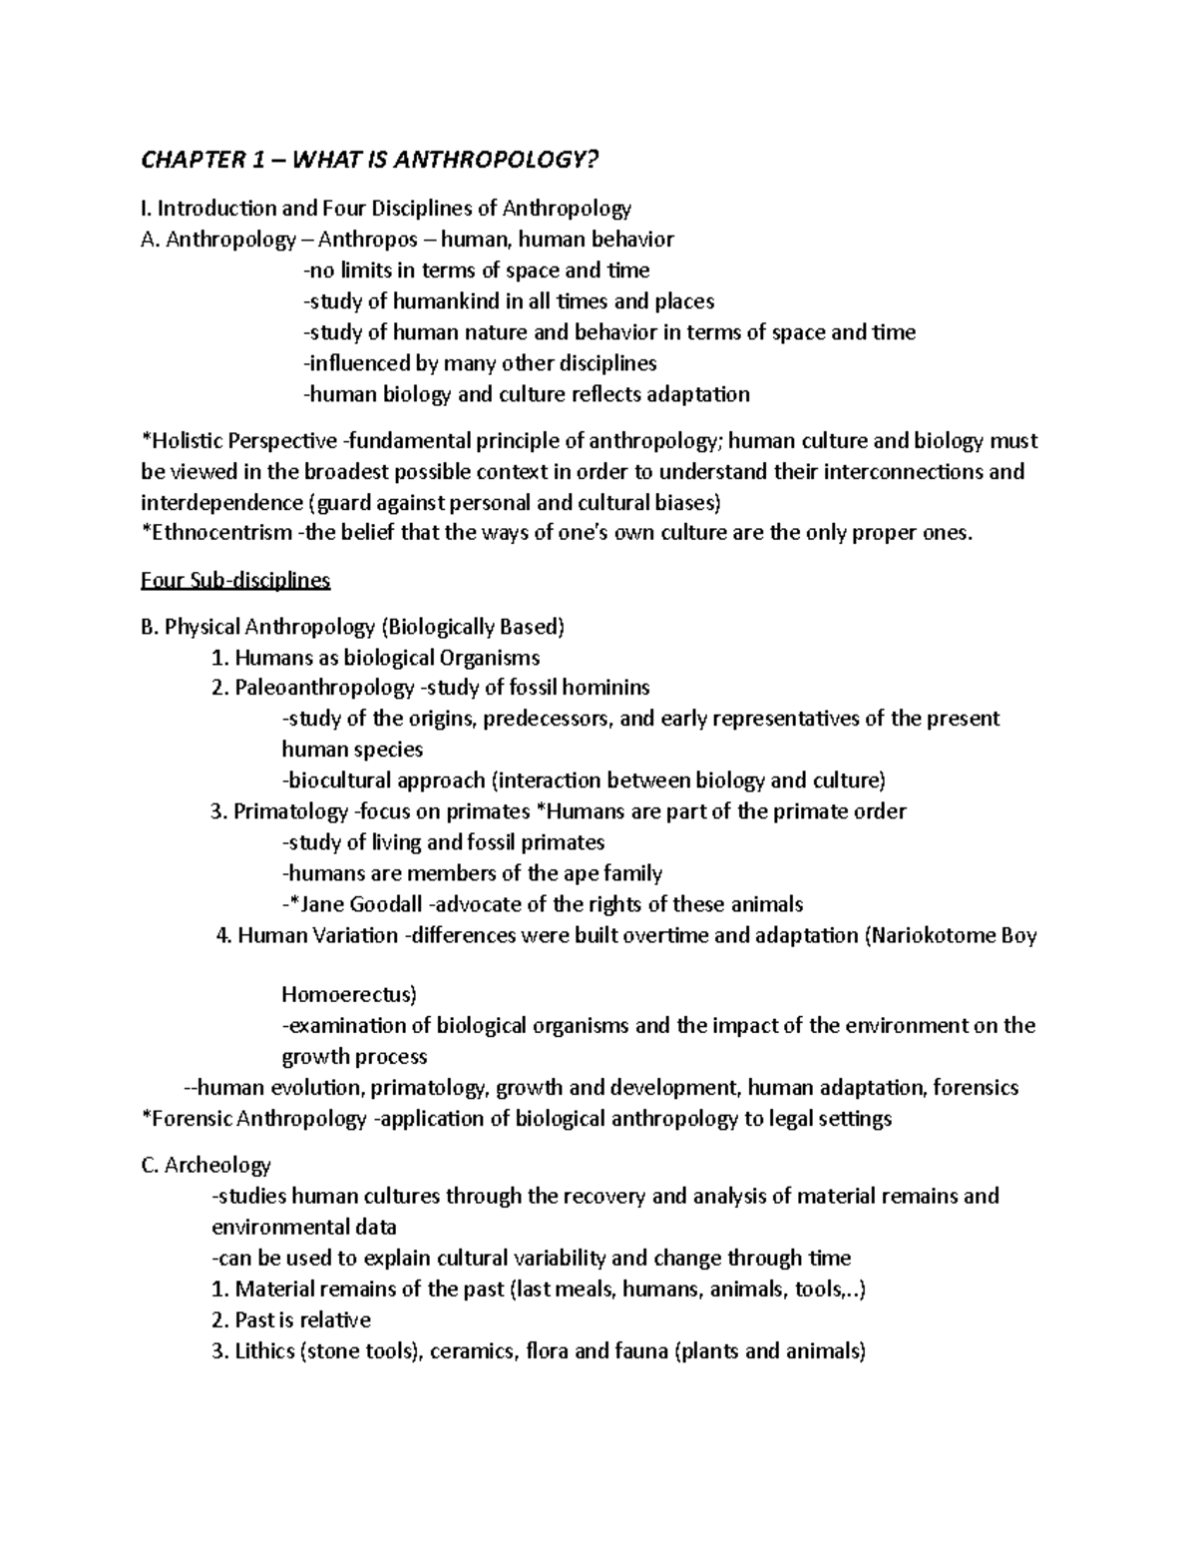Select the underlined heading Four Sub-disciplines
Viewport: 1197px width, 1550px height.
pos(235,580)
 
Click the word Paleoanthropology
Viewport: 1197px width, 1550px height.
pos(325,688)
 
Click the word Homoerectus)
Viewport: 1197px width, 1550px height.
pos(349,995)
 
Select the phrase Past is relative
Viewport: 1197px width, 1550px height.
pos(302,1320)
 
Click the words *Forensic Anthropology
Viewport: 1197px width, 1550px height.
pos(255,1119)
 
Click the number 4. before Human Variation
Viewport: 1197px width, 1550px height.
pos(223,936)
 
